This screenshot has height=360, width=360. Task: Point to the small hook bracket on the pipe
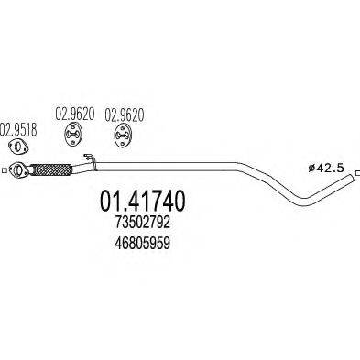pyautogui.click(x=89, y=163)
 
